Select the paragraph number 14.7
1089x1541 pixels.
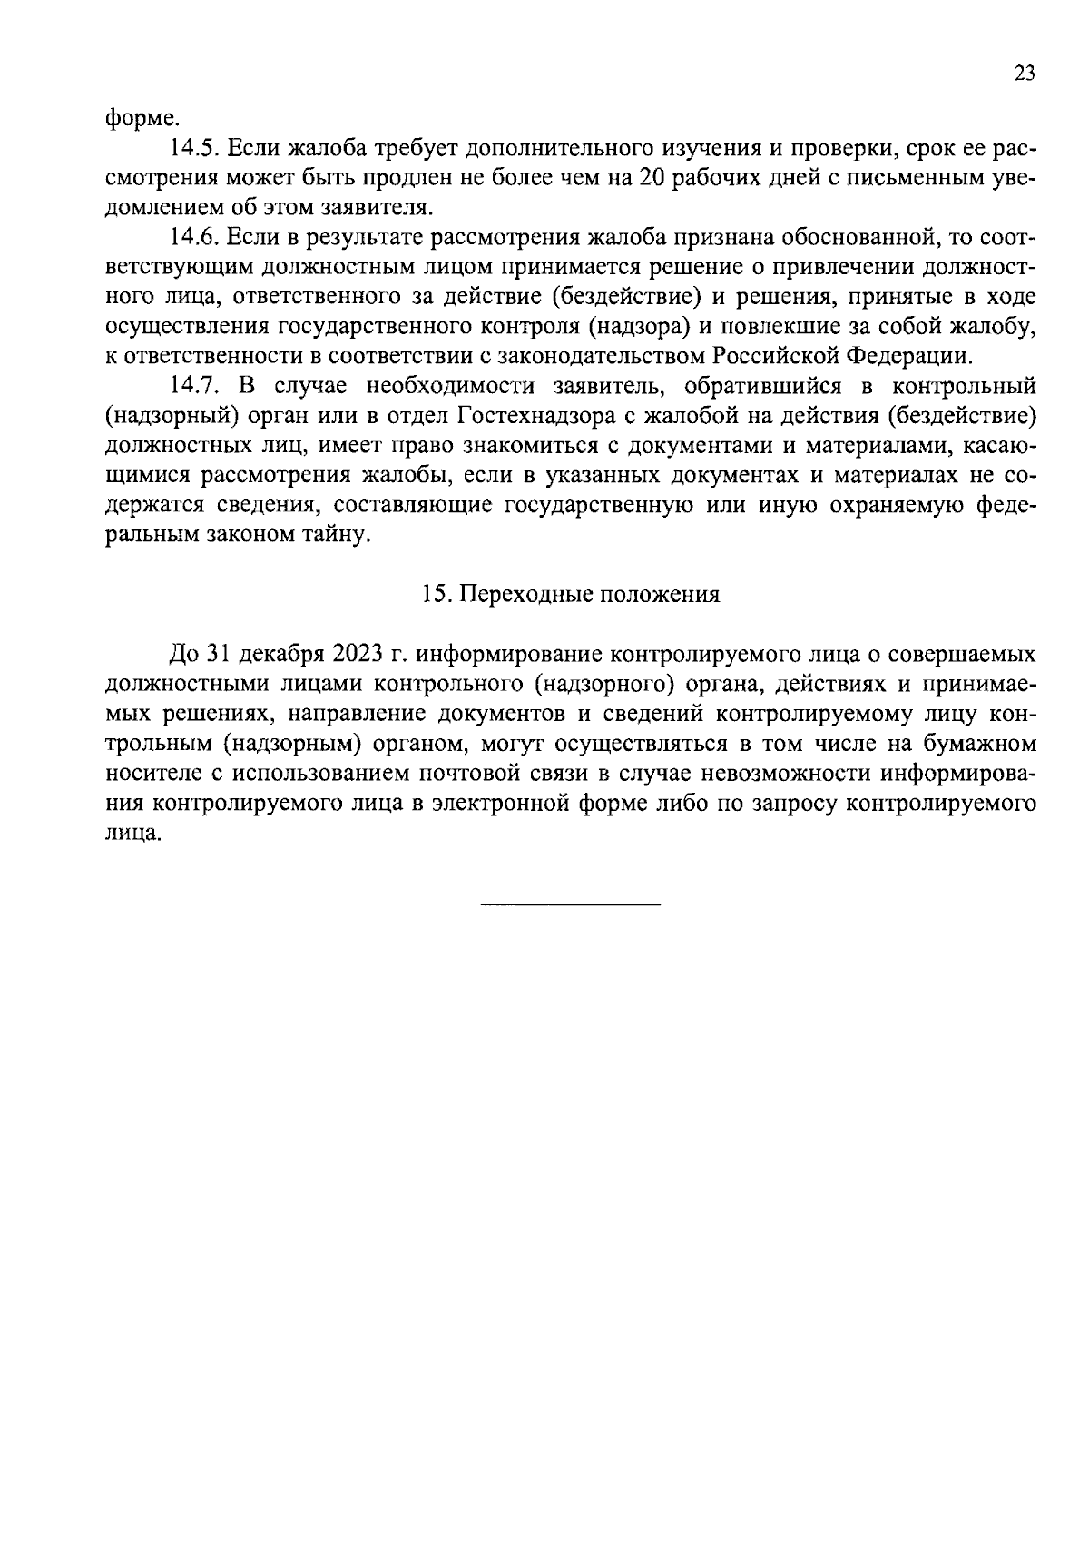(x=196, y=386)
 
